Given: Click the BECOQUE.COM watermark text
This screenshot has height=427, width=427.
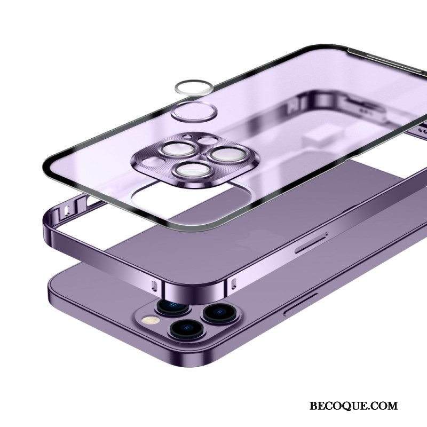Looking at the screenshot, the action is point(353,406).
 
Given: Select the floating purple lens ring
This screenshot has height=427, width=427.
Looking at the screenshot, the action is point(194,111).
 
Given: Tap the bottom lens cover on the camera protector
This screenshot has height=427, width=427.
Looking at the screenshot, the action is point(193,170).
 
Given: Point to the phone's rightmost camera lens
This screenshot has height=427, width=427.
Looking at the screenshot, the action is point(220,313).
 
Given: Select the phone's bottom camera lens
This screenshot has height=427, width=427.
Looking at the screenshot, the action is point(186,329).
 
